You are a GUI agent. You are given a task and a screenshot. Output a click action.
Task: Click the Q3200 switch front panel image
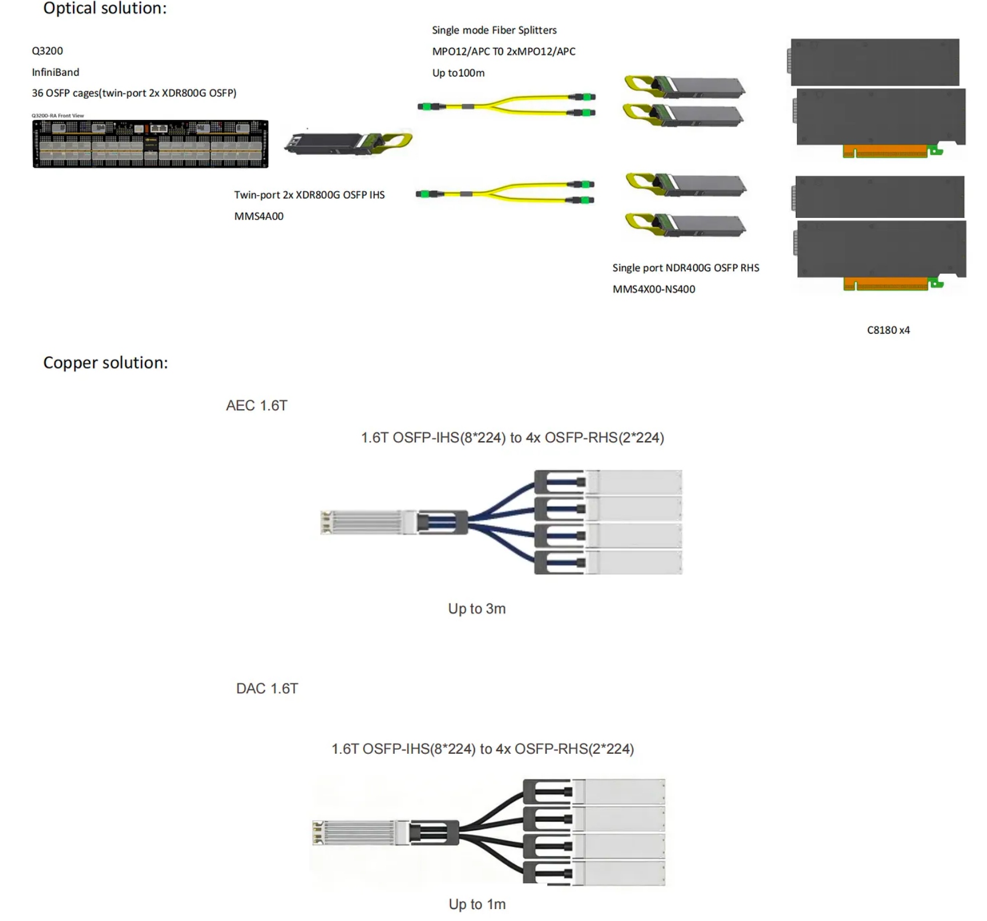(150, 144)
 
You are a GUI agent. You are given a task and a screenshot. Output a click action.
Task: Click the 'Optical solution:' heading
(105, 9)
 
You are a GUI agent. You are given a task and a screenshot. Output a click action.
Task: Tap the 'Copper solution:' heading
(106, 363)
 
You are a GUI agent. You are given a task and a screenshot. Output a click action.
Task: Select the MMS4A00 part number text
(258, 216)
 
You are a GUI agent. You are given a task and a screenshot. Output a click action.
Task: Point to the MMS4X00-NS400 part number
(654, 289)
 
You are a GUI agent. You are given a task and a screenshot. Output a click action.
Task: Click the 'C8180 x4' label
(888, 330)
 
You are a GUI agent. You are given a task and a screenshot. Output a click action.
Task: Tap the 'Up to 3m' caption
(477, 609)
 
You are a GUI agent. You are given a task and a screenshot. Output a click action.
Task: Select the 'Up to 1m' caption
(477, 904)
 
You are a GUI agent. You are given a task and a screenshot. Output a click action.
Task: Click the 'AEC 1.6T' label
(257, 406)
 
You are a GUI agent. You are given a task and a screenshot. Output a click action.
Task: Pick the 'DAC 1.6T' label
(267, 689)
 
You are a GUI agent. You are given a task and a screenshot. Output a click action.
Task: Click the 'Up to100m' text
(458, 73)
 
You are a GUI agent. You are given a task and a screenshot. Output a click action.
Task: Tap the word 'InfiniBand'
(55, 72)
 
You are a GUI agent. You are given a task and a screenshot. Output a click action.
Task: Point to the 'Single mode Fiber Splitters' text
(494, 30)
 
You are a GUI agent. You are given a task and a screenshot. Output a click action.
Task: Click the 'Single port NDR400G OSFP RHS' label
(686, 268)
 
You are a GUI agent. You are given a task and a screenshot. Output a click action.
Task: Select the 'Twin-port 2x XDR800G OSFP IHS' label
(309, 195)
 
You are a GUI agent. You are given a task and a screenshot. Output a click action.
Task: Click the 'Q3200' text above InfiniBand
(47, 51)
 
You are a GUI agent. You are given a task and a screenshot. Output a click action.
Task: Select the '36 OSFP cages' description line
(134, 93)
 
